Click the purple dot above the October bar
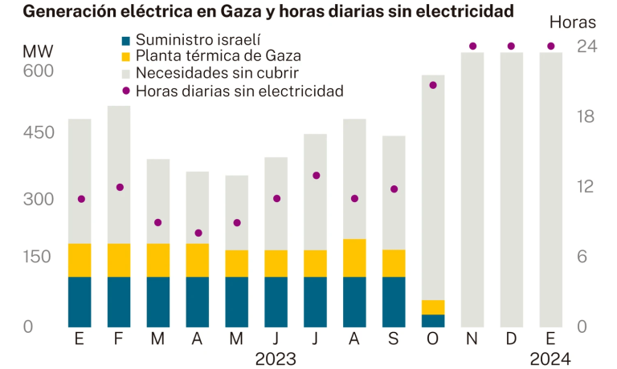coord(433,85)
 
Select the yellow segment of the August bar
coord(354,257)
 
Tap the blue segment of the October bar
coord(433,321)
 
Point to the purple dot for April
coord(198,233)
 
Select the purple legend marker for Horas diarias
coord(125,91)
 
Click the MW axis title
coord(38,52)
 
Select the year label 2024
coord(550,359)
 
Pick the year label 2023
coord(276,359)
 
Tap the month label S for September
coord(394,339)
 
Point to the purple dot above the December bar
coord(511,46)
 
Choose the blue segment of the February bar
coord(119,302)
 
